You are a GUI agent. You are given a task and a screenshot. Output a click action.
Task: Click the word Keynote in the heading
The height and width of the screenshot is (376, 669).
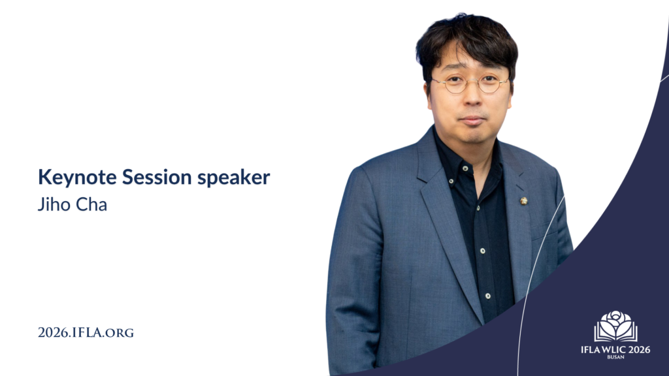click(70, 177)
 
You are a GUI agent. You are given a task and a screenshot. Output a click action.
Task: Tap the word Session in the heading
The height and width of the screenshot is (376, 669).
click(142, 177)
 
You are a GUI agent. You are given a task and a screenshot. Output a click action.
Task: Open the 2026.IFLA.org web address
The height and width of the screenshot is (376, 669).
click(86, 332)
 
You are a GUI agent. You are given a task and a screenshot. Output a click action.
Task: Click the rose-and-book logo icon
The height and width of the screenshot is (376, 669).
click(615, 326)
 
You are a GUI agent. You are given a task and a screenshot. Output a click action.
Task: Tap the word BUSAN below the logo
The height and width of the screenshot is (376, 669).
click(615, 357)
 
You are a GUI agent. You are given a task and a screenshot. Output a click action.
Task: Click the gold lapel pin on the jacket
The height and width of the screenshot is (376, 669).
click(524, 200)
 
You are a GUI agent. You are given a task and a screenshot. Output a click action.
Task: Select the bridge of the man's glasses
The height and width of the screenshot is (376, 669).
click(470, 82)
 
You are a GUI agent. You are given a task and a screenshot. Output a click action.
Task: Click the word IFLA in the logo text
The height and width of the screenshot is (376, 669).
click(590, 349)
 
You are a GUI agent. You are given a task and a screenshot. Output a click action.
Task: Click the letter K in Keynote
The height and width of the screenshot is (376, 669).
click(43, 177)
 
